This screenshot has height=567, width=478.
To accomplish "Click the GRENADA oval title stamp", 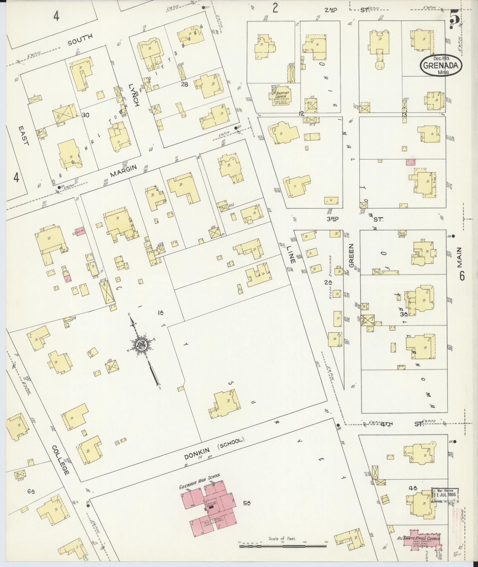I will (441, 65).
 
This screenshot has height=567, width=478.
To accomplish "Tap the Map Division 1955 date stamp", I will (445, 494).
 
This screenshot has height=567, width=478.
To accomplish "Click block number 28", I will (184, 84).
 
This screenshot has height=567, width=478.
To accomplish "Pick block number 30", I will (86, 115).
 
